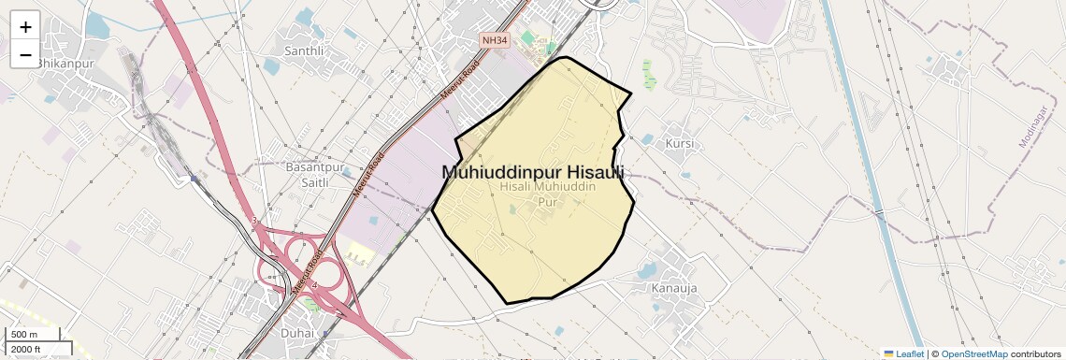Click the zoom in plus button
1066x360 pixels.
pos(25,26)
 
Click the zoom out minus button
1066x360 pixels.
pos(25,55)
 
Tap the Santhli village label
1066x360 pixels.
pos(304,50)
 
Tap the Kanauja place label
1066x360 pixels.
pos(675,288)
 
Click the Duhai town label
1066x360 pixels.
pos(298,332)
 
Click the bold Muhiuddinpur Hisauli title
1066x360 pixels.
pos(532,172)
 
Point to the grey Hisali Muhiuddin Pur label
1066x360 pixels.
pos(548,194)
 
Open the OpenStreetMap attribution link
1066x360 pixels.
pos(973,354)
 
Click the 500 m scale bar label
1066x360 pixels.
pos(24,335)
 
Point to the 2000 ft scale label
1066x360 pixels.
pos(26,349)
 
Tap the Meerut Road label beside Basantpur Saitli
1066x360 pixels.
pos(367,174)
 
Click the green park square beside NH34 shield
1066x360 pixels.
pos(529,37)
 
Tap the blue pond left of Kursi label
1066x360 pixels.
pos(648,139)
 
